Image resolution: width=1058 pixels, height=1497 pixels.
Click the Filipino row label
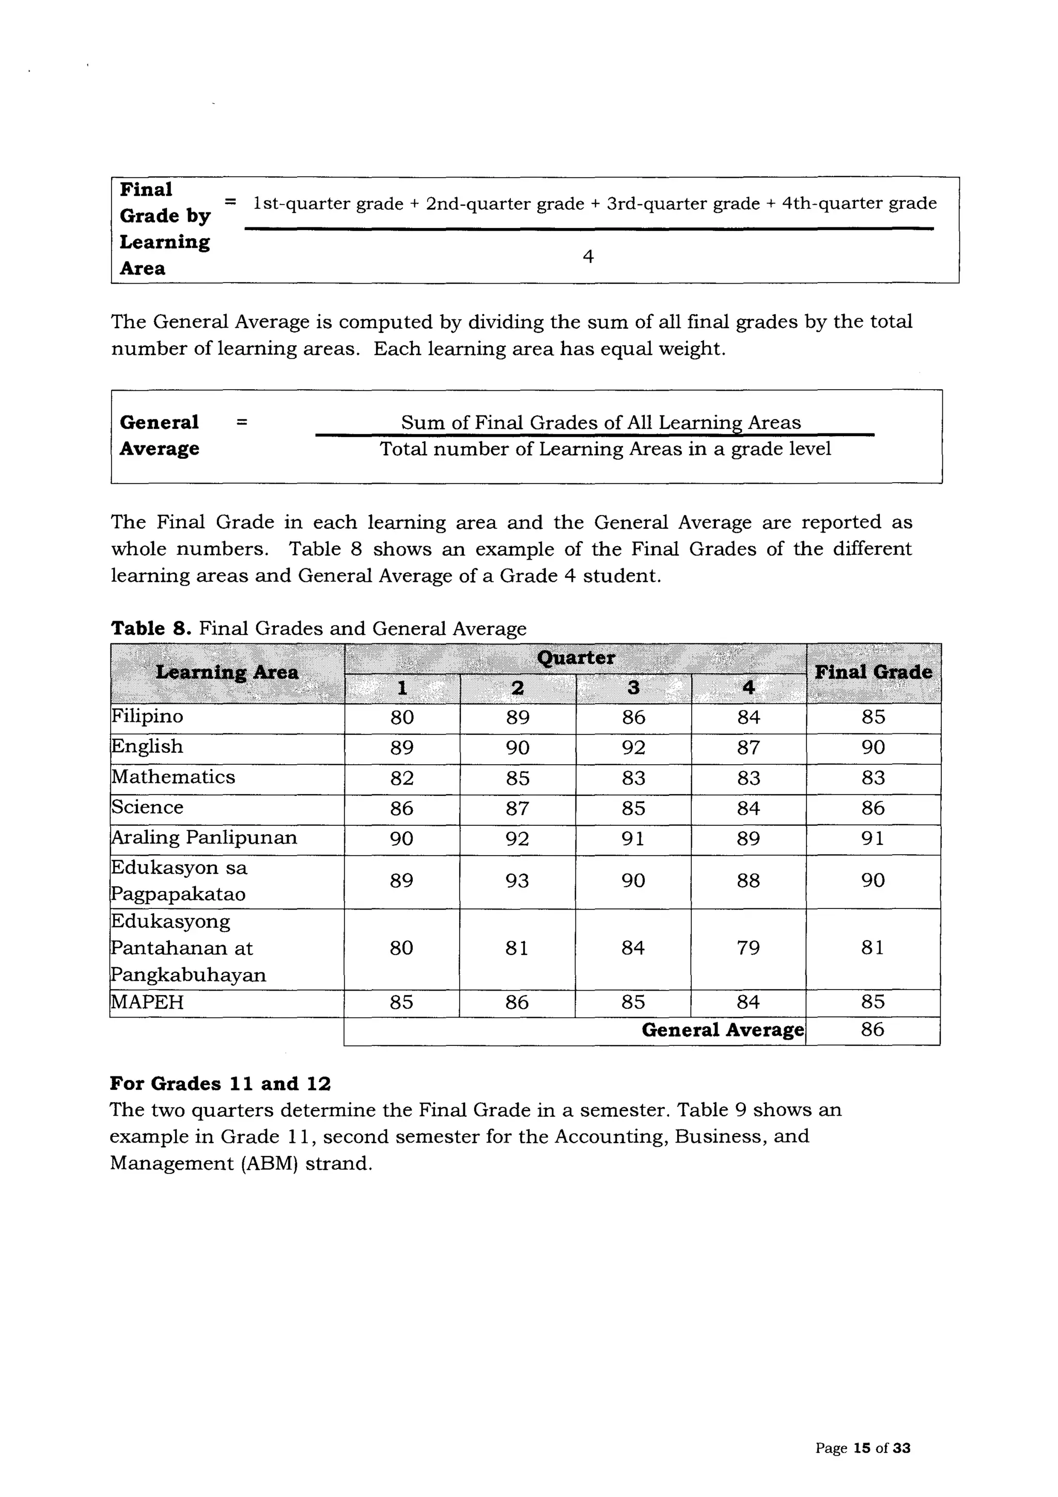click(147, 717)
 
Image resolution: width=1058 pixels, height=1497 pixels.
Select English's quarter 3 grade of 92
click(633, 747)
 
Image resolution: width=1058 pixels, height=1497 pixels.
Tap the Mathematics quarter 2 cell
click(518, 778)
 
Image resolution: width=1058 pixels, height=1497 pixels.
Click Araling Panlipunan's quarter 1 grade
click(401, 839)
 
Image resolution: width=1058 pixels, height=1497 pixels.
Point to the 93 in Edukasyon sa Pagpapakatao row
click(518, 881)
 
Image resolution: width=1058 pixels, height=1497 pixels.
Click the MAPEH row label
click(147, 1002)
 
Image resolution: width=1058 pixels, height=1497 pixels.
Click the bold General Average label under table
click(722, 1030)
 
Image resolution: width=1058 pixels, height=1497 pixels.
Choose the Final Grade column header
click(873, 672)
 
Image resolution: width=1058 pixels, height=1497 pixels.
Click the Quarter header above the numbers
click(575, 657)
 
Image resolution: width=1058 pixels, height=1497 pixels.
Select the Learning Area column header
click(227, 672)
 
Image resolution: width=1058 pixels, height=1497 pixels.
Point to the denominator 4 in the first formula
click(588, 257)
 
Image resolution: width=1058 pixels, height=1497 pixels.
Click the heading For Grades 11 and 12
click(221, 1084)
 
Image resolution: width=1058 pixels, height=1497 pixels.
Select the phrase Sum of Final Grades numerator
click(600, 423)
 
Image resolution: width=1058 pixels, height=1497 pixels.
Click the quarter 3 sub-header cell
click(633, 688)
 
